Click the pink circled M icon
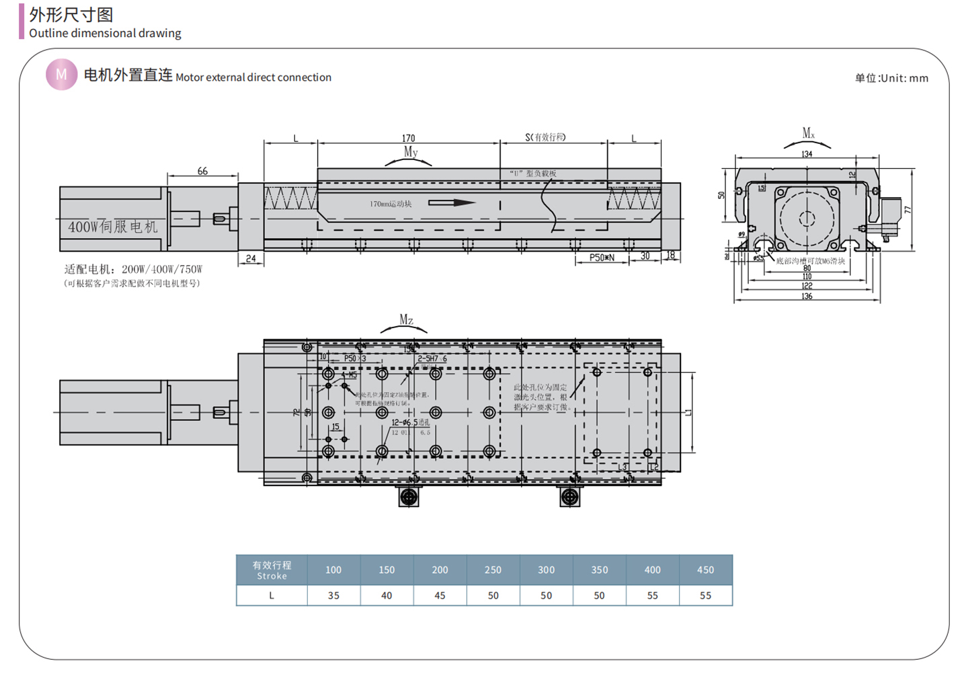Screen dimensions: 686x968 [x=61, y=75]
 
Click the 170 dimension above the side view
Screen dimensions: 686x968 [x=408, y=138]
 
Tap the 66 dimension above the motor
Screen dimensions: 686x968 [x=202, y=171]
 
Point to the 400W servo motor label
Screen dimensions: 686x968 [x=112, y=227]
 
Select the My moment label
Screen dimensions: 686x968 [x=410, y=152]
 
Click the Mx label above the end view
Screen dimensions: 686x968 [x=808, y=133]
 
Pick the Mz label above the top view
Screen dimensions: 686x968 [x=406, y=320]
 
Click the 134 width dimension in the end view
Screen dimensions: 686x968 [x=807, y=154]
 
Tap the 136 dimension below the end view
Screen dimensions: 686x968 [x=807, y=296]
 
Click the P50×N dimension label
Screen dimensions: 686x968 [x=602, y=257]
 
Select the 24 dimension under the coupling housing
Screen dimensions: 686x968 [x=251, y=258]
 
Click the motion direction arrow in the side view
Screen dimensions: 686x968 [x=452, y=202]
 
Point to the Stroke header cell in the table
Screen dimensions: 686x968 [x=272, y=570]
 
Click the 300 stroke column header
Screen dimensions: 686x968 [x=546, y=570]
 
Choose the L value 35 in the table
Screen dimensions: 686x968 [x=333, y=595]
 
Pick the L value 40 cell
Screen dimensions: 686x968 [x=387, y=595]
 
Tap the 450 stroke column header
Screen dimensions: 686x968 [x=705, y=570]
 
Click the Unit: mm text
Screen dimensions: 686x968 [x=891, y=78]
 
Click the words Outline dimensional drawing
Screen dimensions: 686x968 [x=105, y=33]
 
